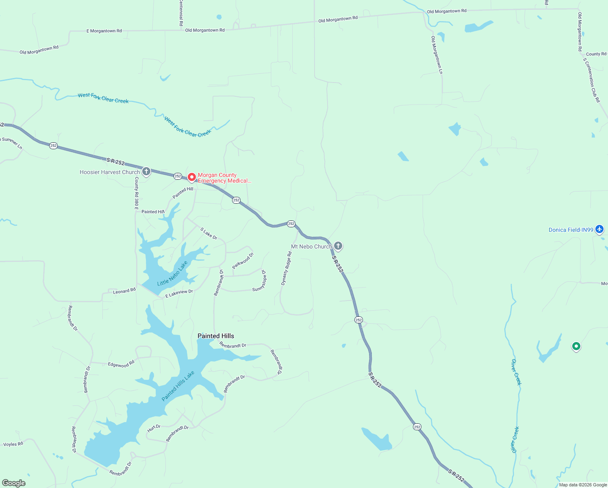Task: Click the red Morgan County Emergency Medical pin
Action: (x=191, y=177)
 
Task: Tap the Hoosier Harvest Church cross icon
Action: (x=146, y=172)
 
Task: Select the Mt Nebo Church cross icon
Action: (x=338, y=246)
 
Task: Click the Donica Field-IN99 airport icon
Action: (x=599, y=229)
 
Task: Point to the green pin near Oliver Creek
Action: (x=576, y=346)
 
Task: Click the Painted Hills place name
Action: (x=215, y=336)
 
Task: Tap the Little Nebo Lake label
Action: (x=172, y=273)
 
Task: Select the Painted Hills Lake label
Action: (x=178, y=386)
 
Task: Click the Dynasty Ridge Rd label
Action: (x=287, y=268)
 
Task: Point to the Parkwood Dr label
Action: (x=243, y=261)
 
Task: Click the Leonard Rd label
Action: (x=124, y=291)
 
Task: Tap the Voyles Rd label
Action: (x=13, y=444)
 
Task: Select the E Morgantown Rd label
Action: (x=104, y=31)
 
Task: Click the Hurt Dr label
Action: (x=154, y=428)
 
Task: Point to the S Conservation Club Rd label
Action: (x=592, y=80)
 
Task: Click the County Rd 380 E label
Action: (x=137, y=193)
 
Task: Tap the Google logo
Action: (x=14, y=483)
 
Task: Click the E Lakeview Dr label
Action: (x=179, y=293)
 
